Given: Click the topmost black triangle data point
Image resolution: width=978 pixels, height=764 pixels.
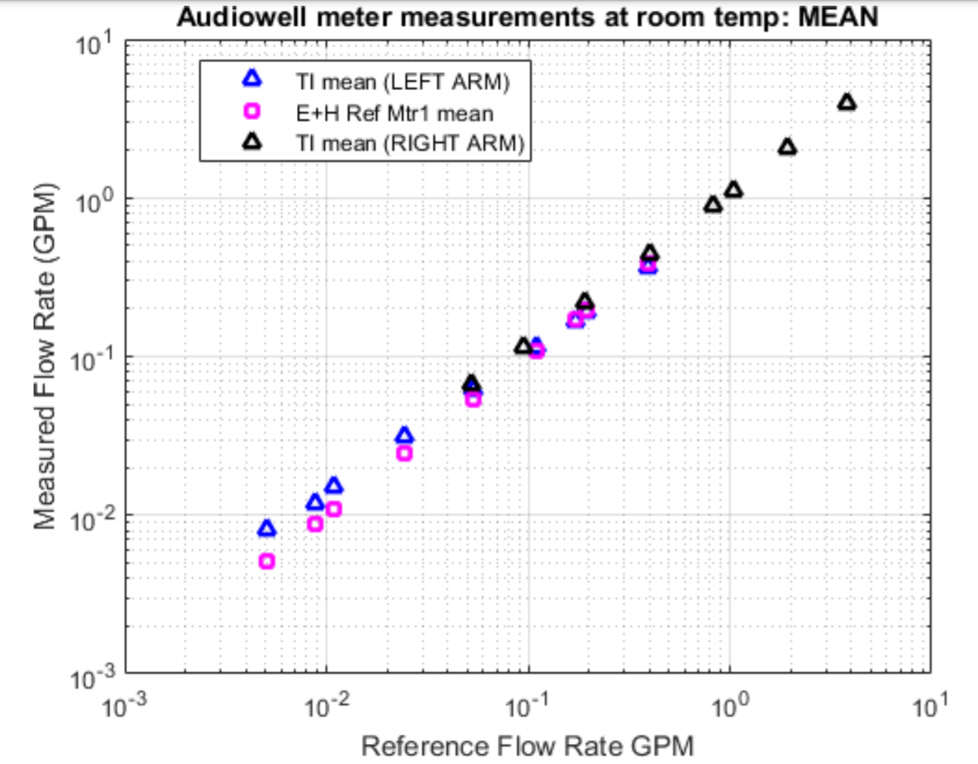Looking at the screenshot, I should (x=847, y=103).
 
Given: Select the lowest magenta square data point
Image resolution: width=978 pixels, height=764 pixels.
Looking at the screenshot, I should (x=266, y=561).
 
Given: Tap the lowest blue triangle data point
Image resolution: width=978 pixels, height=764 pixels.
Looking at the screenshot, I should (x=266, y=529).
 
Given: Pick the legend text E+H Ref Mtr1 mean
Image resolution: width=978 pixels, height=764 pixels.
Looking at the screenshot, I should (x=394, y=113).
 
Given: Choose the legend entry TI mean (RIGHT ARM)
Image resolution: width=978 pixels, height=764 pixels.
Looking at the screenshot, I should (x=410, y=144).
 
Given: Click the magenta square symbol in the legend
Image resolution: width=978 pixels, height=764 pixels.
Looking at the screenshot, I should (x=252, y=111).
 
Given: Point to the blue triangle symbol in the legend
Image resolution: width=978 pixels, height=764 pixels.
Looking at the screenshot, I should (x=252, y=79).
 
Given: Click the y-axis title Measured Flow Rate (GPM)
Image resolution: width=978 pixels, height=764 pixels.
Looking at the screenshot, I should (x=44, y=356).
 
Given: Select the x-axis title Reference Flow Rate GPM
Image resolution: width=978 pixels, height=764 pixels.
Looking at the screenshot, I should (x=527, y=746).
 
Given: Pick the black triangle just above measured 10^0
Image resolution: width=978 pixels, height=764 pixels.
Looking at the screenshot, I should (x=733, y=190).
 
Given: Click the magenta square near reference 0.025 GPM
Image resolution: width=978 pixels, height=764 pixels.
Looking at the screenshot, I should (x=404, y=453).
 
